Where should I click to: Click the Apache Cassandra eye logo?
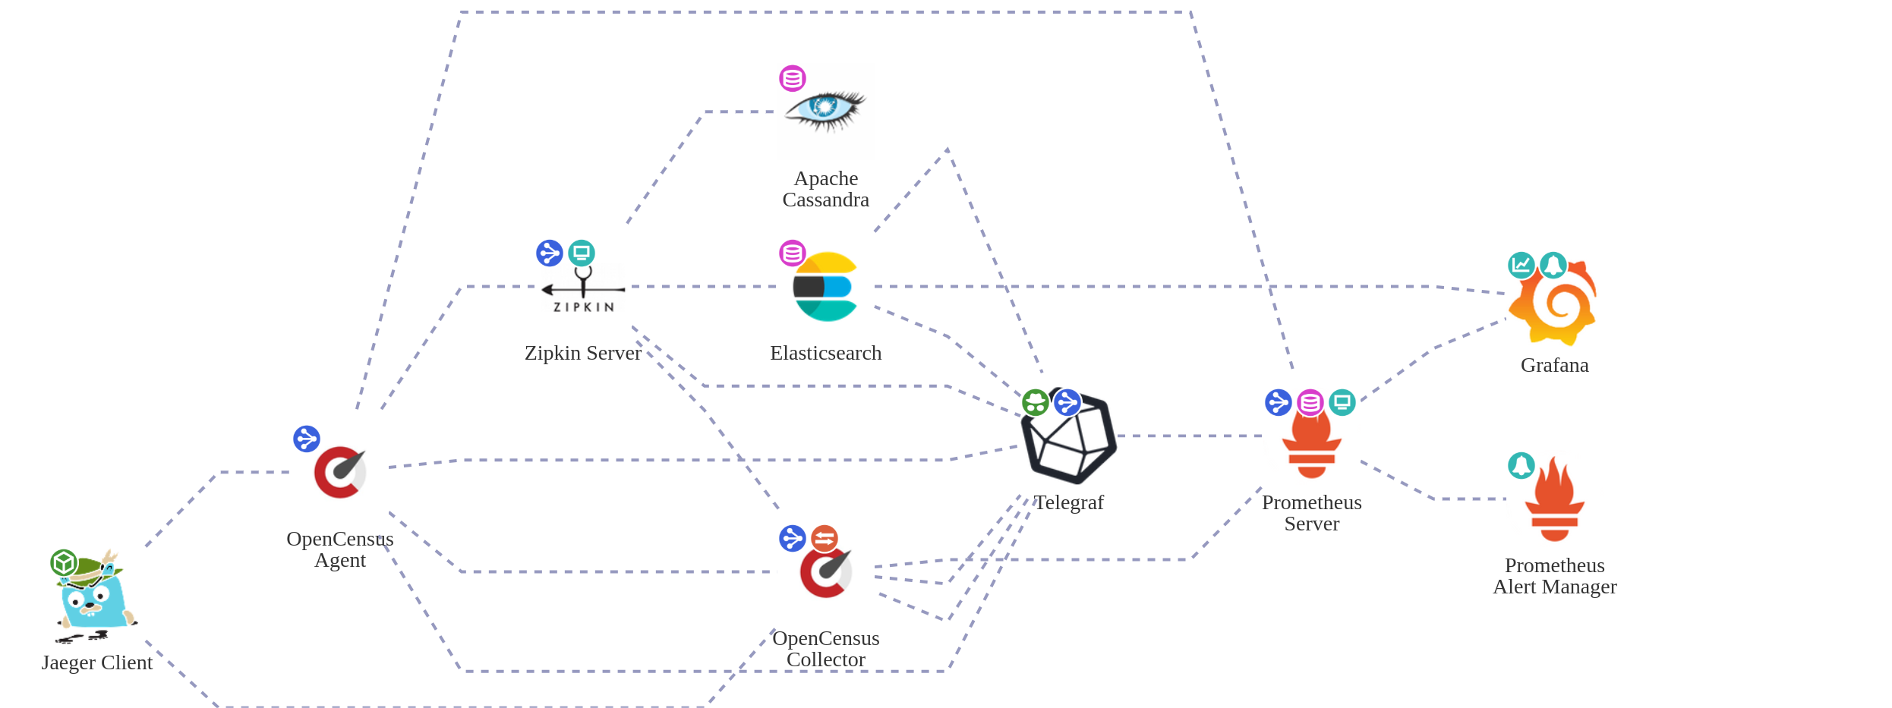click(x=826, y=110)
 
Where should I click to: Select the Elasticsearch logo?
click(x=825, y=287)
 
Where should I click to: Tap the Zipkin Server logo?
click(x=583, y=291)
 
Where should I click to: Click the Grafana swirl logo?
click(x=1555, y=303)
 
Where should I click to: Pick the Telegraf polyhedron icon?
click(x=1069, y=438)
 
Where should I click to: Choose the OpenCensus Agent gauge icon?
click(x=340, y=472)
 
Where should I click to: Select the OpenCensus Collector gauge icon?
click(x=826, y=572)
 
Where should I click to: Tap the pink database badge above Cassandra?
click(x=793, y=78)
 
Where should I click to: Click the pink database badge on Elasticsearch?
click(x=793, y=253)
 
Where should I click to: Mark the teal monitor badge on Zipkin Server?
click(x=582, y=253)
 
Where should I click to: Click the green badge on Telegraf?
click(x=1036, y=403)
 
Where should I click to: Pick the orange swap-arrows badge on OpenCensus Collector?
click(x=825, y=539)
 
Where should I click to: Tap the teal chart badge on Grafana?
click(x=1521, y=265)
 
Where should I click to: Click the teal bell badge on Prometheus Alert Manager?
click(x=1521, y=466)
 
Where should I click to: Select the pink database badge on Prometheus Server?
click(x=1310, y=402)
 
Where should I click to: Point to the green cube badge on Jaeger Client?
click(x=64, y=563)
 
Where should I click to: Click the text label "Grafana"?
click(x=1554, y=365)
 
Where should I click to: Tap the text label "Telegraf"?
click(x=1069, y=502)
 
